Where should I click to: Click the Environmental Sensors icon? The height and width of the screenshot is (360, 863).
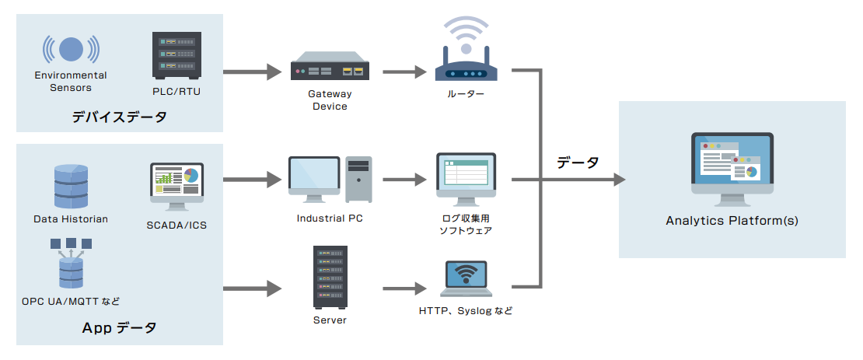pos(71,49)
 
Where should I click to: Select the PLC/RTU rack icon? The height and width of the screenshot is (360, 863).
pos(178,54)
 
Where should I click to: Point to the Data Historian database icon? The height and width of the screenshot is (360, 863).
pos(71,186)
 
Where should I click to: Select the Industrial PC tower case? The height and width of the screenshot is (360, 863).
pos(359,180)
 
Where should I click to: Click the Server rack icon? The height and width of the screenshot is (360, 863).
pos(330,278)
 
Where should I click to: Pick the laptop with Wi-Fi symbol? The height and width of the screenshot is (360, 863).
pos(466,279)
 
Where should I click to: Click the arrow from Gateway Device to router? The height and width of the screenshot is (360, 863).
pos(404,72)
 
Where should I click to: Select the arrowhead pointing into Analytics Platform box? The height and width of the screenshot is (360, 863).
pos(618,180)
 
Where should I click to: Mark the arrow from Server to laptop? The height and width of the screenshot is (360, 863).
pos(404,288)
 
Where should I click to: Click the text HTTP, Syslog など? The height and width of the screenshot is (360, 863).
pos(466,311)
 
